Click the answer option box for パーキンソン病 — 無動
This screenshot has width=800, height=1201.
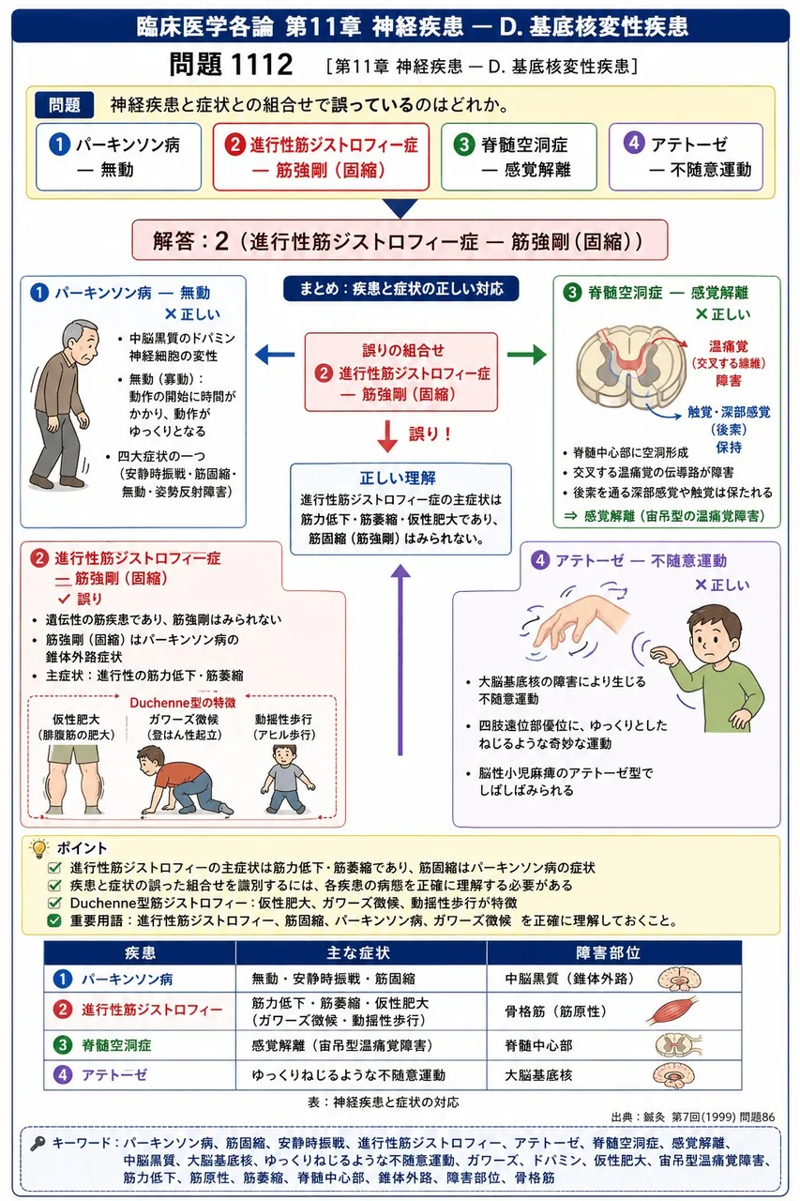tap(118, 157)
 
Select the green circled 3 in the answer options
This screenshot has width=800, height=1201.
tap(464, 144)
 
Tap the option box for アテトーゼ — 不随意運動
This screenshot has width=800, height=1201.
tap(686, 157)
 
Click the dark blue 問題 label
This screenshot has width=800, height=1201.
tap(65, 105)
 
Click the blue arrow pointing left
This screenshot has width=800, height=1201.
tap(275, 355)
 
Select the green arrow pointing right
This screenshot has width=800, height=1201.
tap(527, 355)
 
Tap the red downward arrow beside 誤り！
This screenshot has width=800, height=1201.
tap(387, 436)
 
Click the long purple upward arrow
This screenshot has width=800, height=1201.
tap(400, 660)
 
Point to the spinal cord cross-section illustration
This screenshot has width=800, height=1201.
tap(631, 367)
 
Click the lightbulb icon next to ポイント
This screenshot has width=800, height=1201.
tap(39, 847)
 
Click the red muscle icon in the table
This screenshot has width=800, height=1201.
tap(673, 1011)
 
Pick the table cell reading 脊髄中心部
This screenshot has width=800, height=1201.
tap(538, 1045)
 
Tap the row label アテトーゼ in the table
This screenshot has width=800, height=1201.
tap(114, 1075)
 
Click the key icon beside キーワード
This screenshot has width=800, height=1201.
tap(38, 1144)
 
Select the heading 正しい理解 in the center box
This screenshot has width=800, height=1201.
tap(398, 478)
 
